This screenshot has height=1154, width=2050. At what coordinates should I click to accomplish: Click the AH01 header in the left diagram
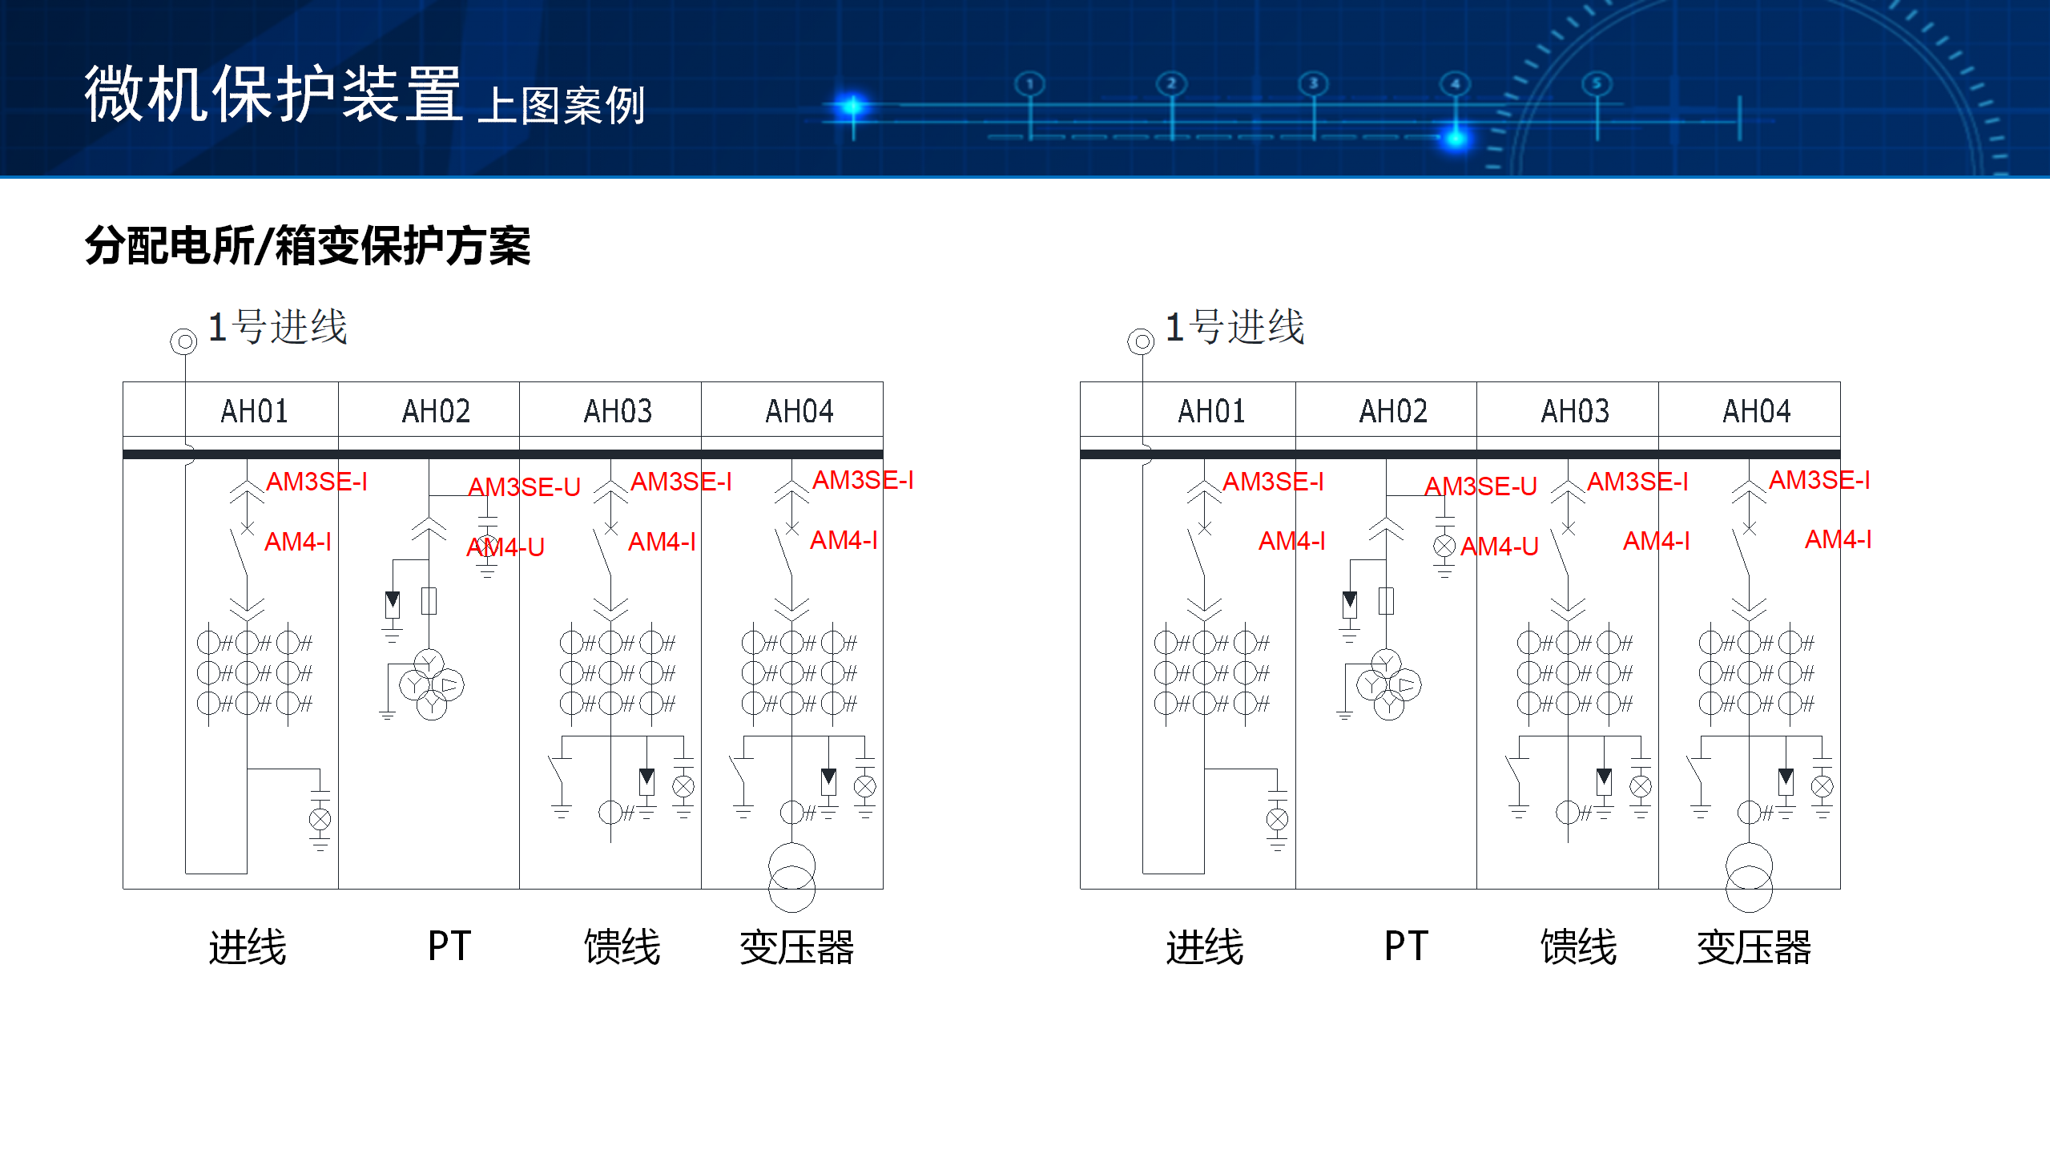(254, 411)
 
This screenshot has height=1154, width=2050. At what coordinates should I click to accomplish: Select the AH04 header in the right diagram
(1756, 411)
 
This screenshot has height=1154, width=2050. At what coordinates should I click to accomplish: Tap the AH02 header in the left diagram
(436, 411)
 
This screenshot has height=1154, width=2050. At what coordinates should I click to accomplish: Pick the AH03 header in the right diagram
(1574, 411)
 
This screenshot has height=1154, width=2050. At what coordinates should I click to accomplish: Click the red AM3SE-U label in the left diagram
(524, 486)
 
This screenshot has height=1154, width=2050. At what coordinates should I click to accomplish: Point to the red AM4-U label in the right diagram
(1499, 547)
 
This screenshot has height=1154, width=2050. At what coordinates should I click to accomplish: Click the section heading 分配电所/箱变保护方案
(308, 245)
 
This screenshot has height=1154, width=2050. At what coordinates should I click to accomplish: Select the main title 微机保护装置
(273, 95)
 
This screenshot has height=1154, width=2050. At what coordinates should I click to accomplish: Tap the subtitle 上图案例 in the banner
(561, 106)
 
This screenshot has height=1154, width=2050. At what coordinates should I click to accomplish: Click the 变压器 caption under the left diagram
(796, 947)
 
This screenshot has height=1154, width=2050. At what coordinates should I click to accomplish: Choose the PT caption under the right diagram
(1406, 946)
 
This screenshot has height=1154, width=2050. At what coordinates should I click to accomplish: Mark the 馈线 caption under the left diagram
(622, 947)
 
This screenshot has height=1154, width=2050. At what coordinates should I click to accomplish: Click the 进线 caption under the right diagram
(1204, 947)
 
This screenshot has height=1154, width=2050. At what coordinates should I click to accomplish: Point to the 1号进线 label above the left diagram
(277, 327)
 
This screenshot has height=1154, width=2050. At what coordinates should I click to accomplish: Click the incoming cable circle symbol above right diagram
(1141, 342)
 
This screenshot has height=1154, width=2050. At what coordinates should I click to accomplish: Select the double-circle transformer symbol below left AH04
(791, 877)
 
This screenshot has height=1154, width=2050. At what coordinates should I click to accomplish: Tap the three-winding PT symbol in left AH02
(431, 685)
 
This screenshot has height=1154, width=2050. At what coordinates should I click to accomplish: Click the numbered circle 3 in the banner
(1313, 83)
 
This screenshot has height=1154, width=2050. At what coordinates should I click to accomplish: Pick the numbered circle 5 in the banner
(1597, 83)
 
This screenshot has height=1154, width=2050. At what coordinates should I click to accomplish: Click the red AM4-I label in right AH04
(1838, 540)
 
